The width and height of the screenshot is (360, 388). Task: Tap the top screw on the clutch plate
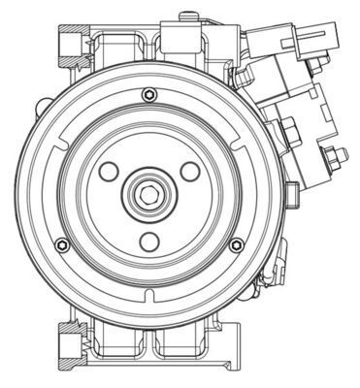tap(147, 94)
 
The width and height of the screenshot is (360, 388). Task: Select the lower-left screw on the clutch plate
tap(62, 243)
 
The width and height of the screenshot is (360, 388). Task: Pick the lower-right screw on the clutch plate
tap(235, 243)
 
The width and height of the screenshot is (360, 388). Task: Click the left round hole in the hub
tap(109, 171)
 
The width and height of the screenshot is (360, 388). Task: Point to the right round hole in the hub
tap(190, 171)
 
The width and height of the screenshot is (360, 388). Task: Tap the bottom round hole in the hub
tap(148, 241)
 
